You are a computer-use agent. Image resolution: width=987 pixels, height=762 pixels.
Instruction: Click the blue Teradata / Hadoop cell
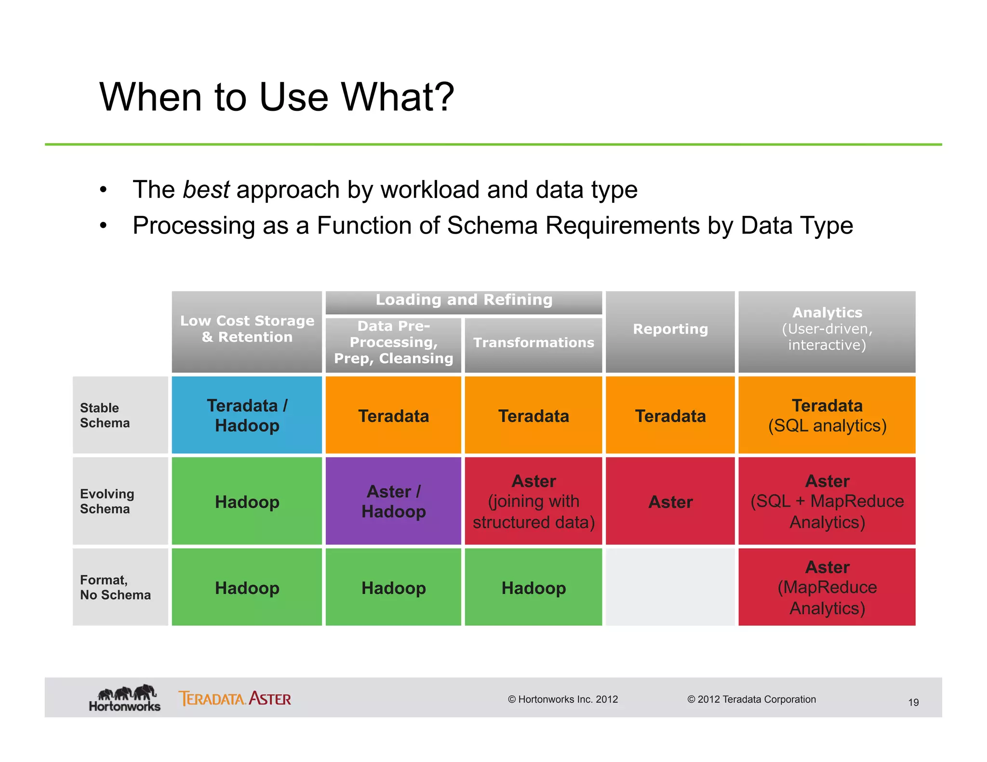coord(247,415)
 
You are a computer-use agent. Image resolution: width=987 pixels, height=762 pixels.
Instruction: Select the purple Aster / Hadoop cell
coord(393,501)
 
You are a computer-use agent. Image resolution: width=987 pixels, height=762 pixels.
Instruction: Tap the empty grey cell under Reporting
coord(670,587)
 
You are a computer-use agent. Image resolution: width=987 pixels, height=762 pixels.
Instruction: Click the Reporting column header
coord(670,329)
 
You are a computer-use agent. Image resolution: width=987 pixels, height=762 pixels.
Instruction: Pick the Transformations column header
coord(534,343)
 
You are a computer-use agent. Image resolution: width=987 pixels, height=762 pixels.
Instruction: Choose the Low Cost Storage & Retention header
coord(247,329)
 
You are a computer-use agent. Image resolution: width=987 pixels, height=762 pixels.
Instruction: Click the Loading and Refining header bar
coord(464,301)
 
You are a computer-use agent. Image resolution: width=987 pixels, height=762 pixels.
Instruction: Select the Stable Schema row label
coord(105,415)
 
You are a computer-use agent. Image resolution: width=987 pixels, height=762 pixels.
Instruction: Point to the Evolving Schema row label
coord(107,501)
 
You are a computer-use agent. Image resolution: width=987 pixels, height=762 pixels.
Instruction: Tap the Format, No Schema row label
coord(115,587)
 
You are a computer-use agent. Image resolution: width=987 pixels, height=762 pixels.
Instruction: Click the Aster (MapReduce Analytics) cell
coord(827,587)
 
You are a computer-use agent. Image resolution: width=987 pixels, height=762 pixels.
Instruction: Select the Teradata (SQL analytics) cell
coord(827,415)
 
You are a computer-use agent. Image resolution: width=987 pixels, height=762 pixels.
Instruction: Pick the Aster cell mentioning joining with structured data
coord(534,501)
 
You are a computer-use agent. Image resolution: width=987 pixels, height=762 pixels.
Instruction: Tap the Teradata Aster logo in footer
coord(235,698)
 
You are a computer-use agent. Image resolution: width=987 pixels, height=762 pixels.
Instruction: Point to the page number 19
coord(913,703)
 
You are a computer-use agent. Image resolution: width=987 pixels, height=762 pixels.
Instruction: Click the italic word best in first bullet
coord(206,189)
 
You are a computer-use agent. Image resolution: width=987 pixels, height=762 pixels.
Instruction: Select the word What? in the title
coord(398,97)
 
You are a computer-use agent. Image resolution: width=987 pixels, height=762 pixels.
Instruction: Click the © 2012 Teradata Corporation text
coord(751,699)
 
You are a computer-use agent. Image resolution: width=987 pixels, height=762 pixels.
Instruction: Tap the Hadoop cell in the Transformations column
coord(534,588)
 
